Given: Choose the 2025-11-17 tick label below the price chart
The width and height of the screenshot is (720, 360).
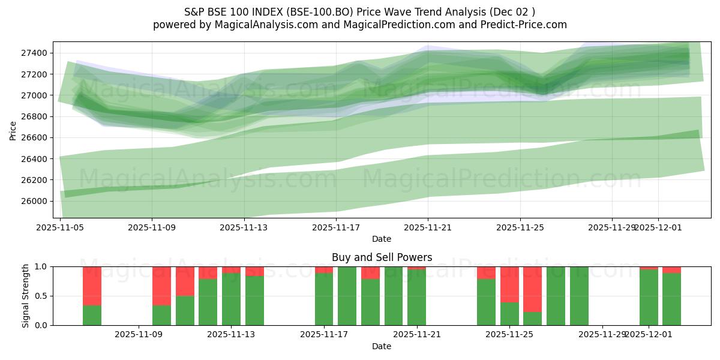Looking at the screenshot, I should [x=336, y=227].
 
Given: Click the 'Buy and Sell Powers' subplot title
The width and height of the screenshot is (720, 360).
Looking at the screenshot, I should [x=382, y=257].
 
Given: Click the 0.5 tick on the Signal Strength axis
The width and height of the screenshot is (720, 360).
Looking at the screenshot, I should [x=42, y=296].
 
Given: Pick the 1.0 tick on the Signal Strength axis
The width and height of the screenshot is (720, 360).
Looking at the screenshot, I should [x=42, y=266].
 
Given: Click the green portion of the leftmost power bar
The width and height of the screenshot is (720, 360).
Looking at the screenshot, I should [x=92, y=316].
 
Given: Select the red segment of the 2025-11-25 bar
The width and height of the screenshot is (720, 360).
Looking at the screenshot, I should [x=509, y=284].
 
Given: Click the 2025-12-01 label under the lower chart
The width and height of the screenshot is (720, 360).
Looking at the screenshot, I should [x=649, y=334].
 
